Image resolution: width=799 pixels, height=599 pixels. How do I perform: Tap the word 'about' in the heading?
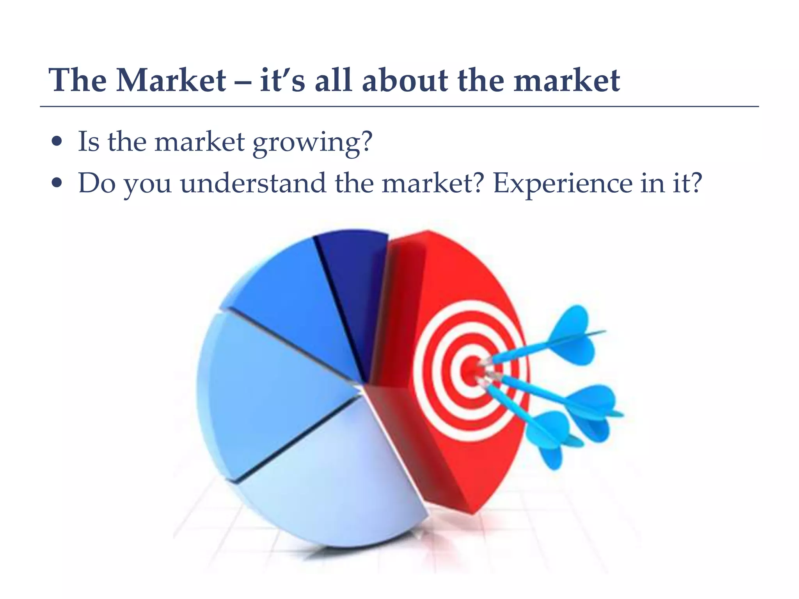pos(405,80)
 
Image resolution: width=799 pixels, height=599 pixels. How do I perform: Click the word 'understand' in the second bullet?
pos(253,183)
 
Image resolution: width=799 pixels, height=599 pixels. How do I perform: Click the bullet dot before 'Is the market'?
pos(57,142)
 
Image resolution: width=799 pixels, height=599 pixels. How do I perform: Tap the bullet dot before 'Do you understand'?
pos(57,183)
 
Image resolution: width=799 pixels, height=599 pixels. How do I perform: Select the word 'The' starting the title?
pos(77,80)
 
